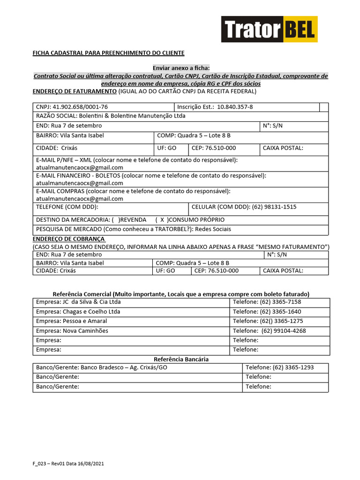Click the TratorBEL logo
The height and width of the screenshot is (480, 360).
coord(270,30)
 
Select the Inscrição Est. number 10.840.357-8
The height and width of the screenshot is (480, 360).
coord(235,107)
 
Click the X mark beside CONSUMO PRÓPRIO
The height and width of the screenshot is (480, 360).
coord(162,220)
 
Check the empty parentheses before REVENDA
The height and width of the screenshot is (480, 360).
coord(115,220)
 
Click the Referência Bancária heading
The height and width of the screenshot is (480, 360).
coord(181,359)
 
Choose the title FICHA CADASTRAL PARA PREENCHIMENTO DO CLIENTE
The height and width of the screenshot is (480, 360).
coord(108,53)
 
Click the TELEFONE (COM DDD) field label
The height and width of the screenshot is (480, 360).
coord(67,207)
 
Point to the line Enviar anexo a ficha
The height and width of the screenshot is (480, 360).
coord(181,68)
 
